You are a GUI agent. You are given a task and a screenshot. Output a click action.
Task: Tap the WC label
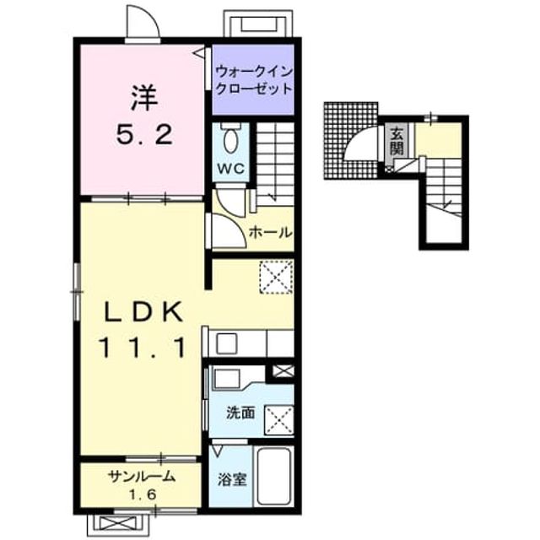pyautogui.click(x=230, y=169)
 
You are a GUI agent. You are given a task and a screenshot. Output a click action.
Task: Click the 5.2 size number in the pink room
pyautogui.click(x=144, y=134)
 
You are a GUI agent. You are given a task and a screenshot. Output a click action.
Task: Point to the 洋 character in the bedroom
pyautogui.click(x=144, y=98)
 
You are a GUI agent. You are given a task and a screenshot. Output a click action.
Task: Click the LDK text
pyautogui.click(x=143, y=311)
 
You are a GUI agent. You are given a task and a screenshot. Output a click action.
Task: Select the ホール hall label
pyautogui.click(x=270, y=233)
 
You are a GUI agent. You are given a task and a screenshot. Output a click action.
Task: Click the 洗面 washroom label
pyautogui.click(x=240, y=413)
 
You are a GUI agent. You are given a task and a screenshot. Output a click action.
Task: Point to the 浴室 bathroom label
pyautogui.click(x=232, y=479)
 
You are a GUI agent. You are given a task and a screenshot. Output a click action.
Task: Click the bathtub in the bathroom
pyautogui.click(x=273, y=476)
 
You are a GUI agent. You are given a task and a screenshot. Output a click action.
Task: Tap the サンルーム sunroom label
pyautogui.click(x=142, y=477)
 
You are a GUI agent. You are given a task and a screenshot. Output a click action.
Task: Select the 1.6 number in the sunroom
pyautogui.click(x=143, y=494)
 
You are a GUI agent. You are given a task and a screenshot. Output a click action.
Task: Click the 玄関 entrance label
pyautogui.click(x=397, y=140)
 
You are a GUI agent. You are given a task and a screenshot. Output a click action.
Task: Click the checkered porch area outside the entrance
pyautogui.click(x=351, y=140)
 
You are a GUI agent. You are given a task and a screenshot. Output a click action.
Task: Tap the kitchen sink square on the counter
pyautogui.click(x=226, y=343)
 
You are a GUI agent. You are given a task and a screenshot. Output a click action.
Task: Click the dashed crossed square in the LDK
pyautogui.click(x=276, y=277)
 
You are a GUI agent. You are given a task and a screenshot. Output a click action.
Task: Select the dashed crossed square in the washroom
pyautogui.click(x=278, y=420)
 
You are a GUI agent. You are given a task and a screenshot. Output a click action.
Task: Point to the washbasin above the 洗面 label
pyautogui.click(x=226, y=379)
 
